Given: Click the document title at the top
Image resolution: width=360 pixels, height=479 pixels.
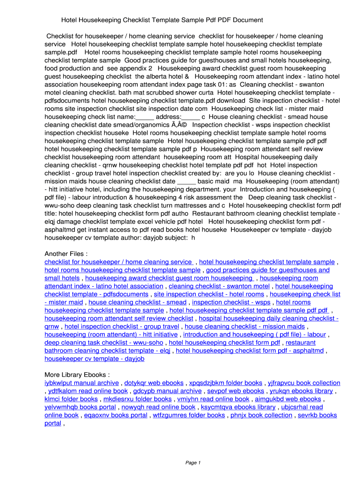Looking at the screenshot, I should pyautogui.click(x=162, y=20).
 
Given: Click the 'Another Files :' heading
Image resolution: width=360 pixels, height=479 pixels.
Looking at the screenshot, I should pyautogui.click(x=66, y=254).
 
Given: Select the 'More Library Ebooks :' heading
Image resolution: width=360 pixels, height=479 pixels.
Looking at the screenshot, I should pyautogui.click(x=77, y=375).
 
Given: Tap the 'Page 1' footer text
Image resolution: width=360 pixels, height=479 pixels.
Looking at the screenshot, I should pyautogui.click(x=193, y=463).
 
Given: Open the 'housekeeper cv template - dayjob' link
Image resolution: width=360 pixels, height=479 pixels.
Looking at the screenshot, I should pyautogui.click(x=94, y=359).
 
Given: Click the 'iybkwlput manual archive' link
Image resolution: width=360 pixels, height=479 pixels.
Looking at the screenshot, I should pyautogui.click(x=81, y=383).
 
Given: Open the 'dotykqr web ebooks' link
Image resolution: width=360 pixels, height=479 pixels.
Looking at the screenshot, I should pyautogui.click(x=154, y=383).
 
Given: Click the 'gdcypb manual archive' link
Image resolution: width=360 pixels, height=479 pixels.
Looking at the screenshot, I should pyautogui.click(x=167, y=391).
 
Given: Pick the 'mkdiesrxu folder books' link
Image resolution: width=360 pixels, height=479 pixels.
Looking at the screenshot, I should pyautogui.click(x=137, y=399).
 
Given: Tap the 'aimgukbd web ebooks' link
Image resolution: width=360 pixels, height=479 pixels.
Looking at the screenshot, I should pyautogui.click(x=288, y=399).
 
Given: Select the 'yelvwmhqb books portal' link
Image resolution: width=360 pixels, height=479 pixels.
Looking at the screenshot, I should pyautogui.click(x=80, y=407).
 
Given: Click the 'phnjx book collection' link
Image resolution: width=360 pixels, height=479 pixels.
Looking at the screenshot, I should pyautogui.click(x=261, y=415).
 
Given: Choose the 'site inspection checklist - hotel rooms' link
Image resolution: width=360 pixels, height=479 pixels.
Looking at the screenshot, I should pyautogui.click(x=209, y=294).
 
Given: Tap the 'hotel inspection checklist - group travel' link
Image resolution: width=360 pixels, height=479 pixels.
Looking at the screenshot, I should pyautogui.click(x=122, y=327).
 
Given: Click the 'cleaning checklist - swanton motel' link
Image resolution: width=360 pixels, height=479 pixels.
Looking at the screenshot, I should pyautogui.click(x=219, y=286).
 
